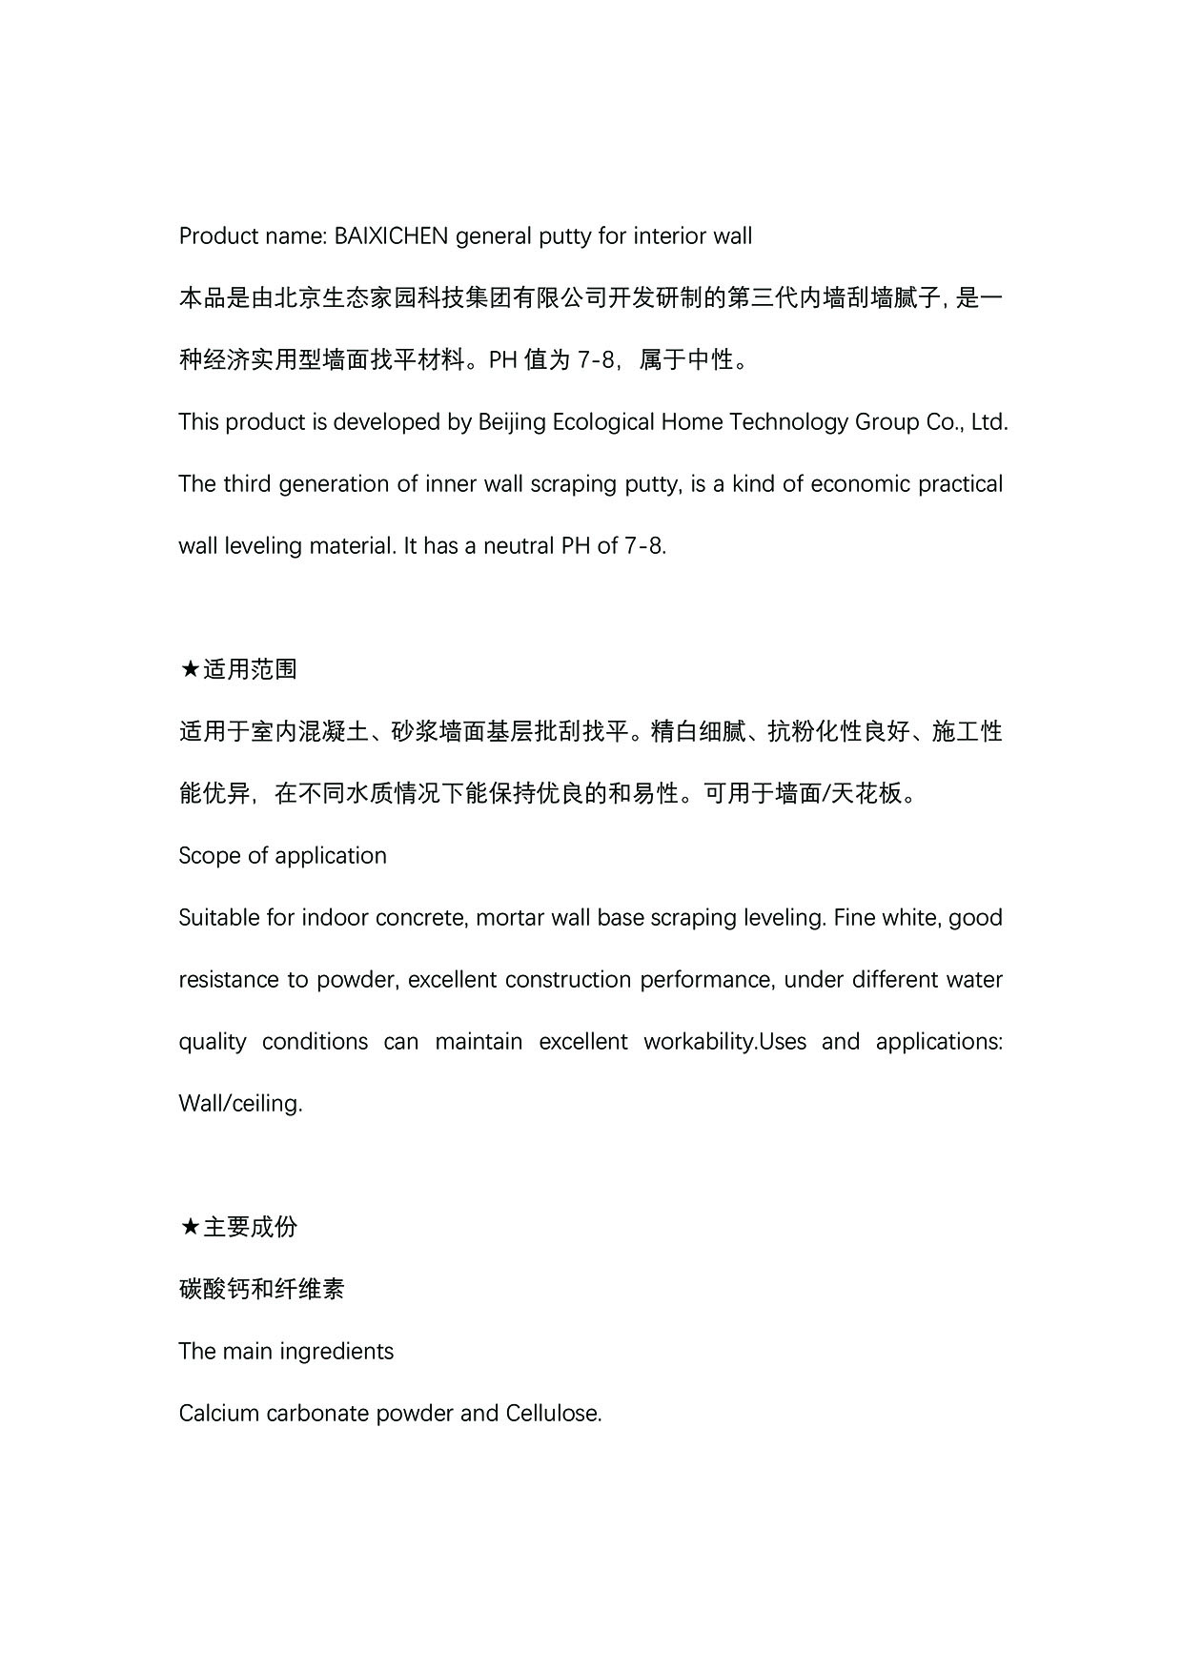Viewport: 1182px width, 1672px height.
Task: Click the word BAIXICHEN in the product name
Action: [391, 236]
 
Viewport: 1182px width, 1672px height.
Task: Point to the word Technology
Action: [788, 422]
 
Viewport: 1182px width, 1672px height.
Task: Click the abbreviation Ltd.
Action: [989, 422]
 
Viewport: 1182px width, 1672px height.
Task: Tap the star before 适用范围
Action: [189, 670]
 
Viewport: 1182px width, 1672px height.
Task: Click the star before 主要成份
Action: [189, 1228]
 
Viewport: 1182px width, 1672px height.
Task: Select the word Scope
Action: [209, 856]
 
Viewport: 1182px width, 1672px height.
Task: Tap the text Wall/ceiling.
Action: [240, 1104]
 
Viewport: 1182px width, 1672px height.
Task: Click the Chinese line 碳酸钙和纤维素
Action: [261, 1290]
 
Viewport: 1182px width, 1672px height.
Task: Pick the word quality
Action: [213, 1042]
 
